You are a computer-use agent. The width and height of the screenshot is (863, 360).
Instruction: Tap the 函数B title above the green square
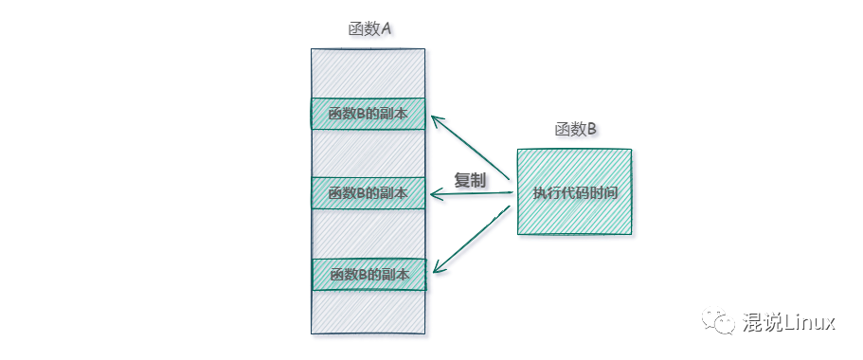(x=575, y=131)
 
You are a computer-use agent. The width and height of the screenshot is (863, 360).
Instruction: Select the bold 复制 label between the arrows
(x=470, y=180)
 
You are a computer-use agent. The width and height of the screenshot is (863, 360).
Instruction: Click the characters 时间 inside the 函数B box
(x=605, y=192)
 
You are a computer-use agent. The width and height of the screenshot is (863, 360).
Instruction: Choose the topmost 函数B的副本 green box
(x=368, y=114)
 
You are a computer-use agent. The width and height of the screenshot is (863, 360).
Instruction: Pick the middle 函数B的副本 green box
(x=368, y=193)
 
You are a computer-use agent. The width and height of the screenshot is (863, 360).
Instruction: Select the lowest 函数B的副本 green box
(x=368, y=275)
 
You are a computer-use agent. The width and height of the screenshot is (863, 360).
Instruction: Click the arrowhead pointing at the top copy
(x=437, y=120)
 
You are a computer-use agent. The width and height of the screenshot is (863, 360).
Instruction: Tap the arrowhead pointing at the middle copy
(x=437, y=194)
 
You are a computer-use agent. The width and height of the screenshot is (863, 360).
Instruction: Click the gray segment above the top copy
(x=368, y=73)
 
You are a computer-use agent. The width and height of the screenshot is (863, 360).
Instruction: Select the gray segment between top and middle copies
(x=368, y=153)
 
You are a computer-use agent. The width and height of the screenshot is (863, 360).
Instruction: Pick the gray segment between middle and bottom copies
(x=368, y=234)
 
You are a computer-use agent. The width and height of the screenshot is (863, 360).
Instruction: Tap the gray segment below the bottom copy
(x=368, y=312)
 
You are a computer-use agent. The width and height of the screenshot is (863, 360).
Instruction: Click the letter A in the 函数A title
(x=386, y=29)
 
